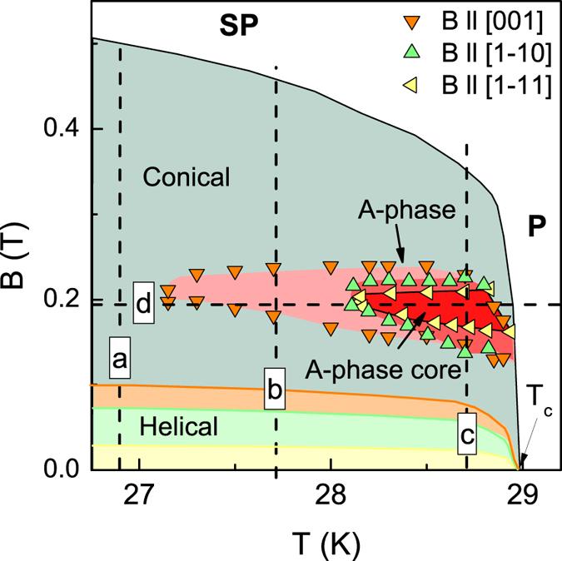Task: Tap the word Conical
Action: pyautogui.click(x=185, y=176)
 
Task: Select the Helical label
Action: pyautogui.click(x=179, y=427)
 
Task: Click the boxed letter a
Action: pyautogui.click(x=120, y=360)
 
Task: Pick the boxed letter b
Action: pyautogui.click(x=275, y=388)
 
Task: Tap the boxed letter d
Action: pyautogui.click(x=143, y=304)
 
